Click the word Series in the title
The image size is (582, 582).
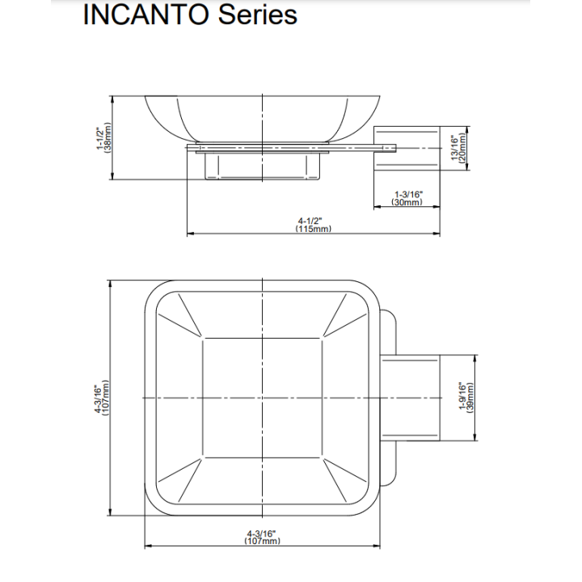[x=258, y=15]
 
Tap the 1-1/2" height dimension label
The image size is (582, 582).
[x=100, y=138]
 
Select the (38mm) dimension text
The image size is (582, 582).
[x=108, y=137]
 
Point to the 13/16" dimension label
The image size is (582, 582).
[x=454, y=148]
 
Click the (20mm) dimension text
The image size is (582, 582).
[x=462, y=148]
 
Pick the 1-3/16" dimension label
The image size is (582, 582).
[x=408, y=194]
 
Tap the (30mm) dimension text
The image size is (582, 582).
[x=407, y=202]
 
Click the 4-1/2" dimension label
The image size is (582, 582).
[x=310, y=221]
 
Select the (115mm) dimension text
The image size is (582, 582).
[x=314, y=229]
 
